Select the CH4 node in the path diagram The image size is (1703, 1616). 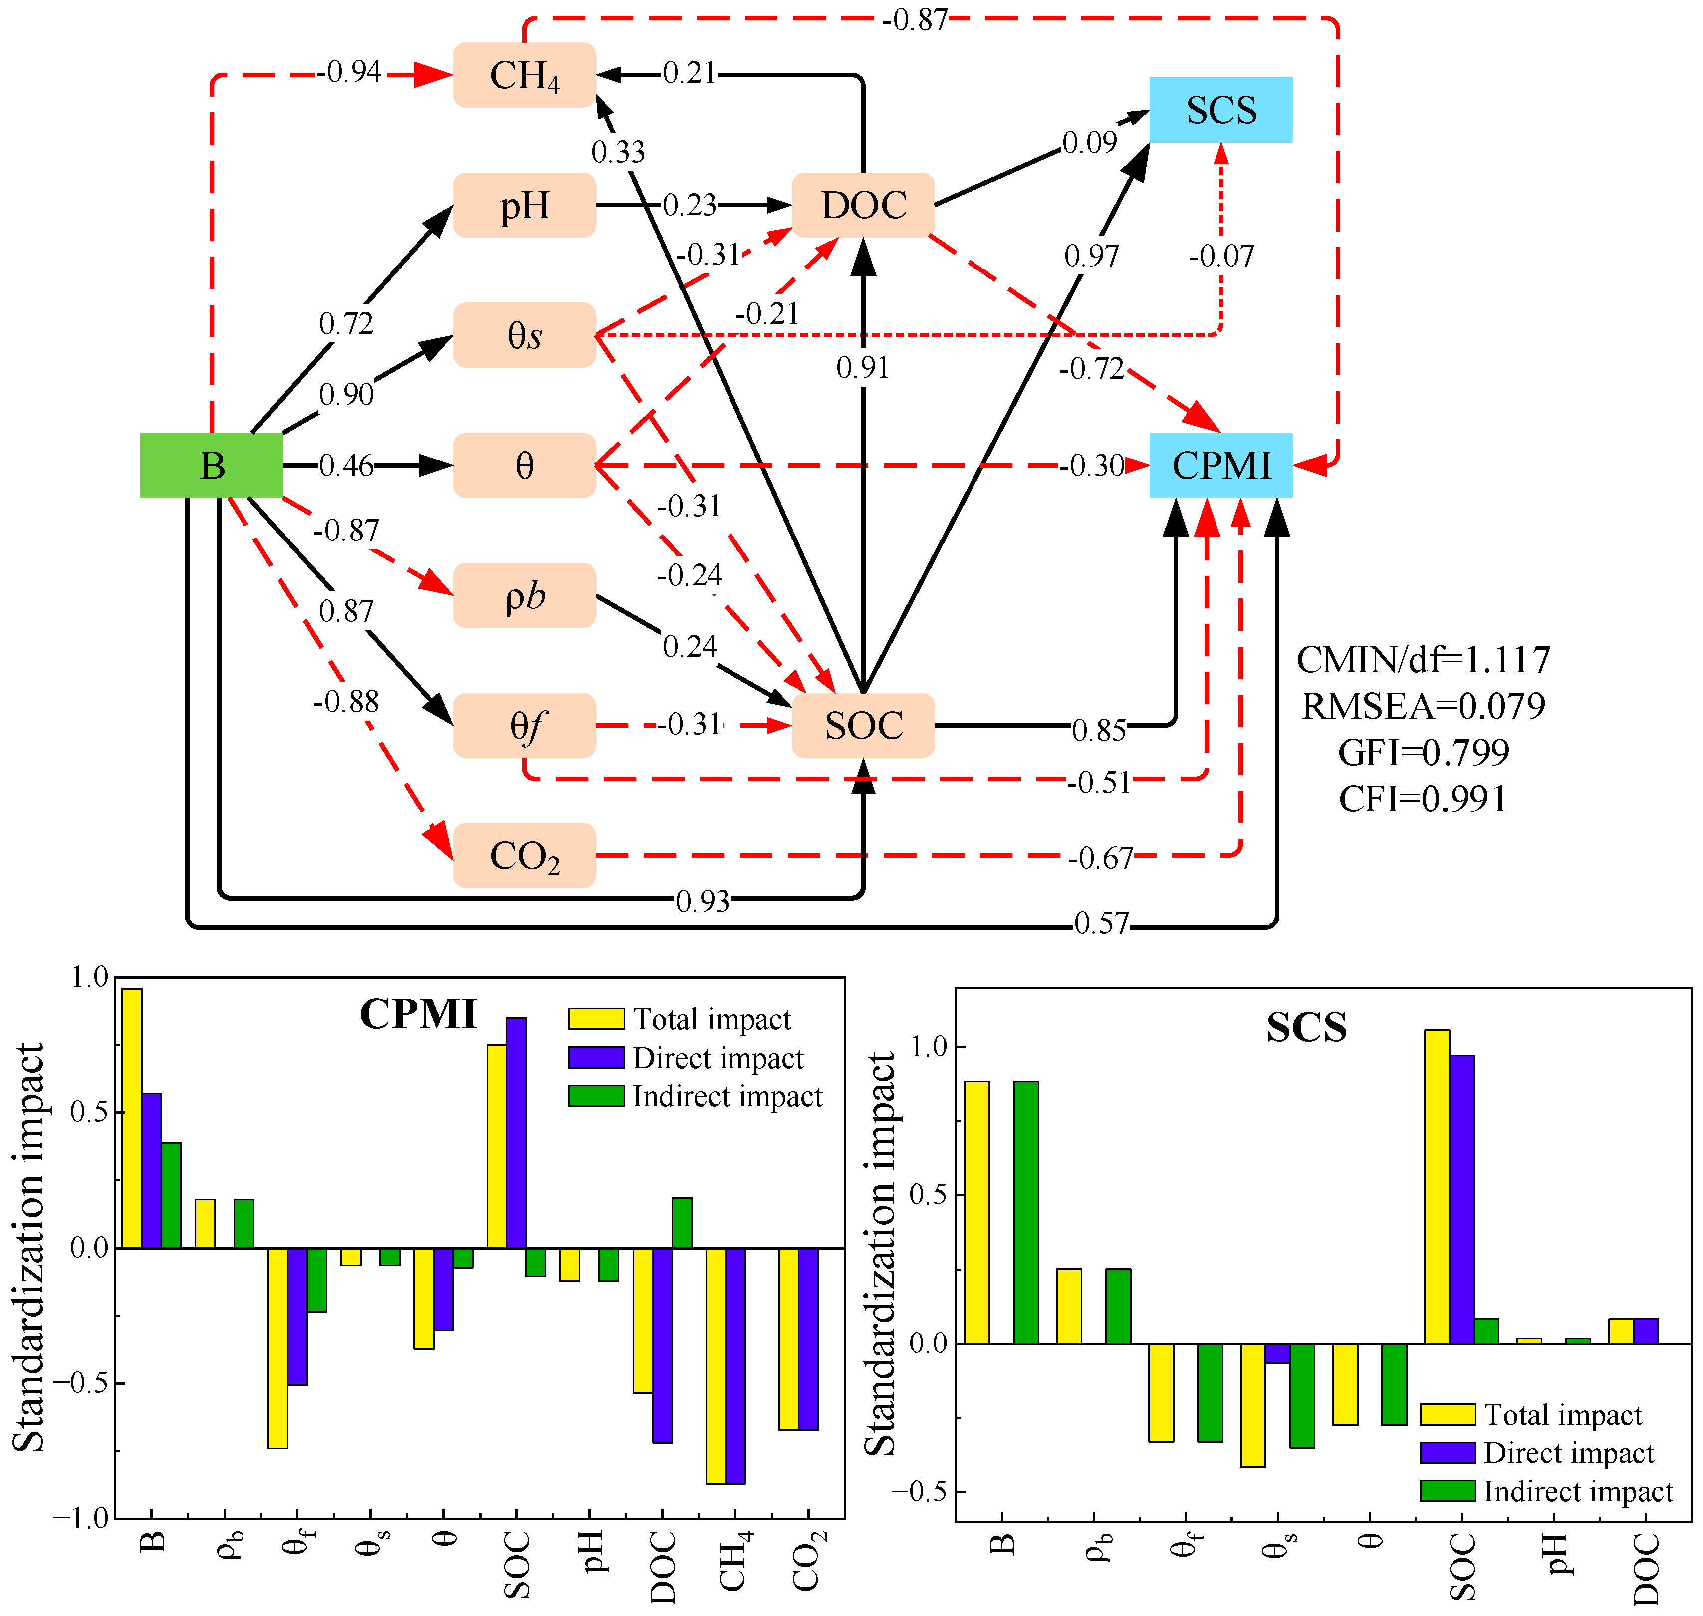point(524,75)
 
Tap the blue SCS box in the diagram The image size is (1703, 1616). point(1220,109)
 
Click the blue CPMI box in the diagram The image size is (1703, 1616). point(1220,465)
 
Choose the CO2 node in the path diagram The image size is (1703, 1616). point(524,855)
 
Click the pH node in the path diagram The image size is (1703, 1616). point(524,205)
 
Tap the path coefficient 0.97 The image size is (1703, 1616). point(1091,256)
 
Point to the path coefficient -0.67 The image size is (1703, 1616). point(1101,858)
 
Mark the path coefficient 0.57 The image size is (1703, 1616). point(1101,923)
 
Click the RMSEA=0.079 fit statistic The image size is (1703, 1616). point(1423,706)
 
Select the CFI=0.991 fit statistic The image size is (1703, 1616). point(1423,800)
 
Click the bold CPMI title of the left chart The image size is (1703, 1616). point(418,1014)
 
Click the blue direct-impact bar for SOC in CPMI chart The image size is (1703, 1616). point(516,1133)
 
